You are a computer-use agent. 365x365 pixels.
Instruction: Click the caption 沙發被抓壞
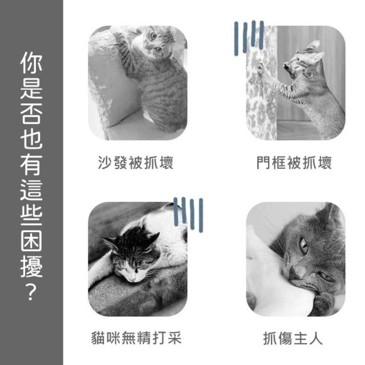pyautogui.click(x=136, y=163)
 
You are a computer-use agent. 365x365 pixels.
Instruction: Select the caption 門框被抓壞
pyautogui.click(x=294, y=163)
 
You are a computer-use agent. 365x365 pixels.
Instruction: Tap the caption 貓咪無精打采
pyautogui.click(x=136, y=338)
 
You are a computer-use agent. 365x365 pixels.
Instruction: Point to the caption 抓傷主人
pyautogui.click(x=293, y=338)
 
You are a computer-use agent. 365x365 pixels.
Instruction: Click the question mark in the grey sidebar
pyautogui.click(x=31, y=292)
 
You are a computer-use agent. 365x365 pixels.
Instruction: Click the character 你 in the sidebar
pyautogui.click(x=31, y=62)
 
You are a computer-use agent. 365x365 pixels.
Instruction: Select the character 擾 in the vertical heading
pyautogui.click(x=31, y=266)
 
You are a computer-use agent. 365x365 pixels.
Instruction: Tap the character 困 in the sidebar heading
pyautogui.click(x=31, y=241)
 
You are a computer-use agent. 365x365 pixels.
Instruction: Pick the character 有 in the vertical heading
pyautogui.click(x=31, y=164)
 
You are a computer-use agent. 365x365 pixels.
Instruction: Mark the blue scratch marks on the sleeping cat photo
pyautogui.click(x=189, y=214)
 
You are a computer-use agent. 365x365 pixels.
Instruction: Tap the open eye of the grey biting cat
pyautogui.click(x=303, y=246)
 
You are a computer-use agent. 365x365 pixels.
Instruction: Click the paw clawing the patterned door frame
pyautogui.click(x=261, y=67)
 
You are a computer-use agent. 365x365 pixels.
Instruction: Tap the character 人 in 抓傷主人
pyautogui.click(x=315, y=338)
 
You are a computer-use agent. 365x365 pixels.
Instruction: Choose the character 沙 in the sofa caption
pyautogui.click(x=105, y=163)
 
